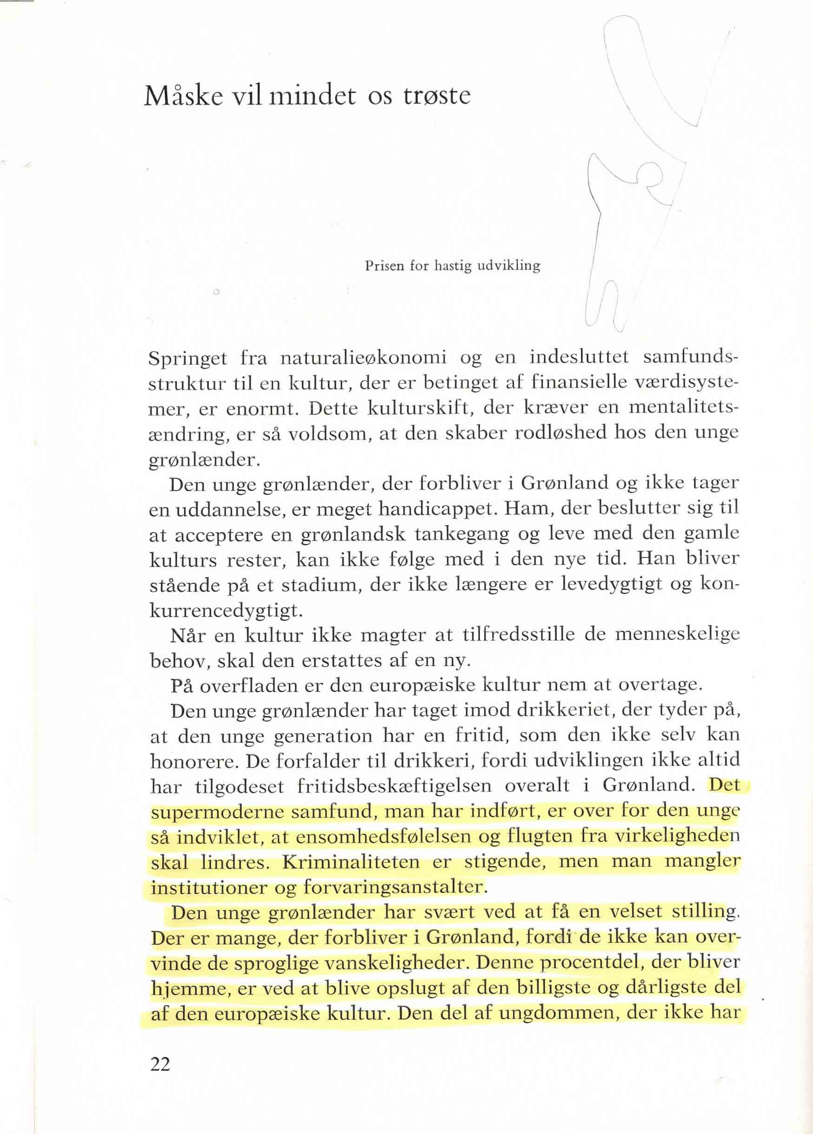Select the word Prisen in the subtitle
coord(384,266)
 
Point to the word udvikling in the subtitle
coord(508,266)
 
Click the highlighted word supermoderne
coord(216,812)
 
